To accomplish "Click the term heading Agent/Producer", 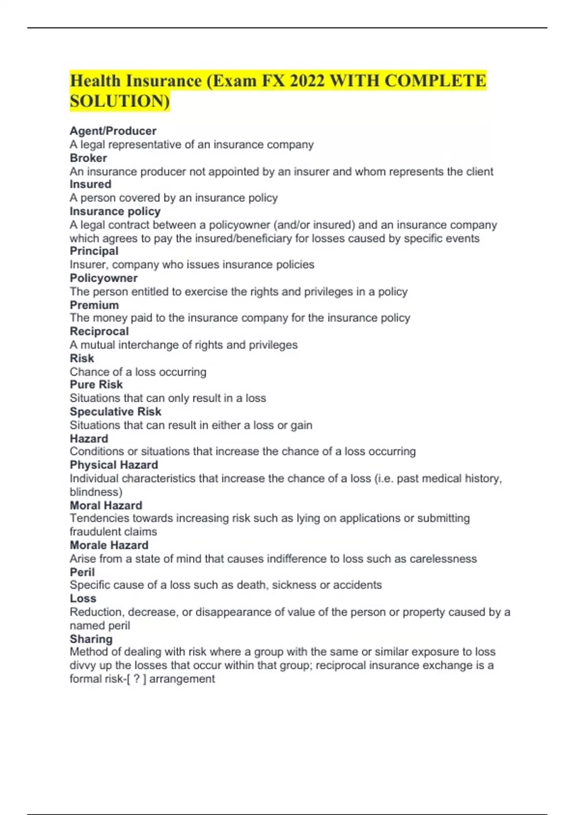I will tap(113, 131).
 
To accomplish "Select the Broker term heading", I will tap(88, 158).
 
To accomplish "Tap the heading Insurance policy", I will tap(115, 211).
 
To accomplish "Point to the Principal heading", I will tap(94, 251).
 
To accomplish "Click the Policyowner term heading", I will tap(103, 278).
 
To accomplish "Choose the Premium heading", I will tap(94, 305).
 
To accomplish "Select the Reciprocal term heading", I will tap(99, 331).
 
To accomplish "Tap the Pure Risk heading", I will tap(96, 384).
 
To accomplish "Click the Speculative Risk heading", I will tap(115, 411).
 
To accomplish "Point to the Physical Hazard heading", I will tap(114, 465).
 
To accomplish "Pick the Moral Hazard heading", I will tap(106, 505).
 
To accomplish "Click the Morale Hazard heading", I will tap(109, 545).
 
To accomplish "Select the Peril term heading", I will tap(82, 572).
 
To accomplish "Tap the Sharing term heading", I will tap(91, 639).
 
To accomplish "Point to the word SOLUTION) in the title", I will tap(120, 101).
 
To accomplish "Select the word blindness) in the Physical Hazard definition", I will tap(96, 492).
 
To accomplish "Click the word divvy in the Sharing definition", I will tap(82, 665).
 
